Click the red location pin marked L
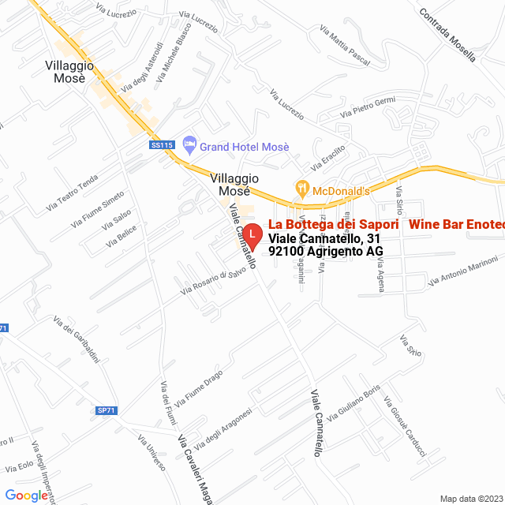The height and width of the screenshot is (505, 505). (252, 234)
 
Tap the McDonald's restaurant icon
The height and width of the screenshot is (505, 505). (301, 190)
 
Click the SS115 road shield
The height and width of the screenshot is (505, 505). (161, 145)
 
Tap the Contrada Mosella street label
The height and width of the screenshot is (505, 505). (447, 36)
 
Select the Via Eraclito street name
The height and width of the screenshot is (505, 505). (329, 160)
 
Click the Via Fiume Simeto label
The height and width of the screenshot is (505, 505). (97, 207)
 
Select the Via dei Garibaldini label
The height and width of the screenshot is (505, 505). (76, 339)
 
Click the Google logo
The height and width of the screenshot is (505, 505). (26, 496)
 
